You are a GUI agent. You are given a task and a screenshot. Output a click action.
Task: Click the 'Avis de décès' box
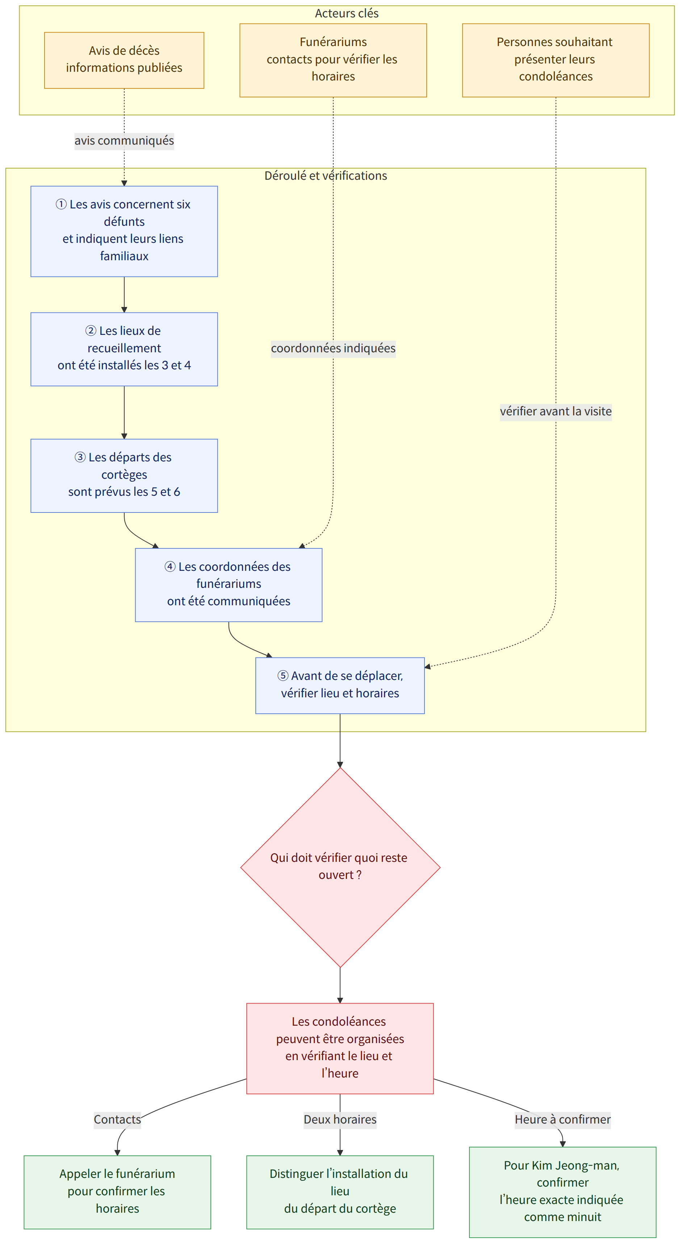pos(124,61)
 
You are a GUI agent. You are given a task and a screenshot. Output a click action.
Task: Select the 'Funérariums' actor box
pos(333,61)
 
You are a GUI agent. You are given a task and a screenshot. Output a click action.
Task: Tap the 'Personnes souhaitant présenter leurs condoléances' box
pos(556,61)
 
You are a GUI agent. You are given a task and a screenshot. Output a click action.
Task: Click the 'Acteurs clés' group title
pos(346,13)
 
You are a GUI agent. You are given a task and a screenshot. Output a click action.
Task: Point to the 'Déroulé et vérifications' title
pos(326,176)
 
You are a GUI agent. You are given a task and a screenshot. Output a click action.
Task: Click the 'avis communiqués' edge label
pos(124,141)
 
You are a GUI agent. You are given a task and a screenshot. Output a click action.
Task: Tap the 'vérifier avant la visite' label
pos(556,411)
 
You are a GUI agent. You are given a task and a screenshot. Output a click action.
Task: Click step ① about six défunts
pos(124,231)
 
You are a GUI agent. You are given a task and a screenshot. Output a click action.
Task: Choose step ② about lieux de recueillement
pos(124,349)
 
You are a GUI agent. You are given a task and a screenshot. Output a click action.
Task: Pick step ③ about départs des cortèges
pos(124,476)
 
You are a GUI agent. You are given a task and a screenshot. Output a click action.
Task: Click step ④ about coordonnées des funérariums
pos(229,585)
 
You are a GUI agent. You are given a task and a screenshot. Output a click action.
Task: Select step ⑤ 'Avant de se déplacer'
pos(340,685)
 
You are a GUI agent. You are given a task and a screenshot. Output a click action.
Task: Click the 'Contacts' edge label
pos(117,1119)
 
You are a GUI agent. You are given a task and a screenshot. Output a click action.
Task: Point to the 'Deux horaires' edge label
pos(340,1119)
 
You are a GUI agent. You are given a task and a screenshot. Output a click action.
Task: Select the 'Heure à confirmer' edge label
pos(562,1119)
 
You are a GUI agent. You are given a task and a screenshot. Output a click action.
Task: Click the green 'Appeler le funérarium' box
pos(117,1192)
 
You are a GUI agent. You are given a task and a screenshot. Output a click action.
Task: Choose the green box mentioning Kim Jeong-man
pos(562,1192)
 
